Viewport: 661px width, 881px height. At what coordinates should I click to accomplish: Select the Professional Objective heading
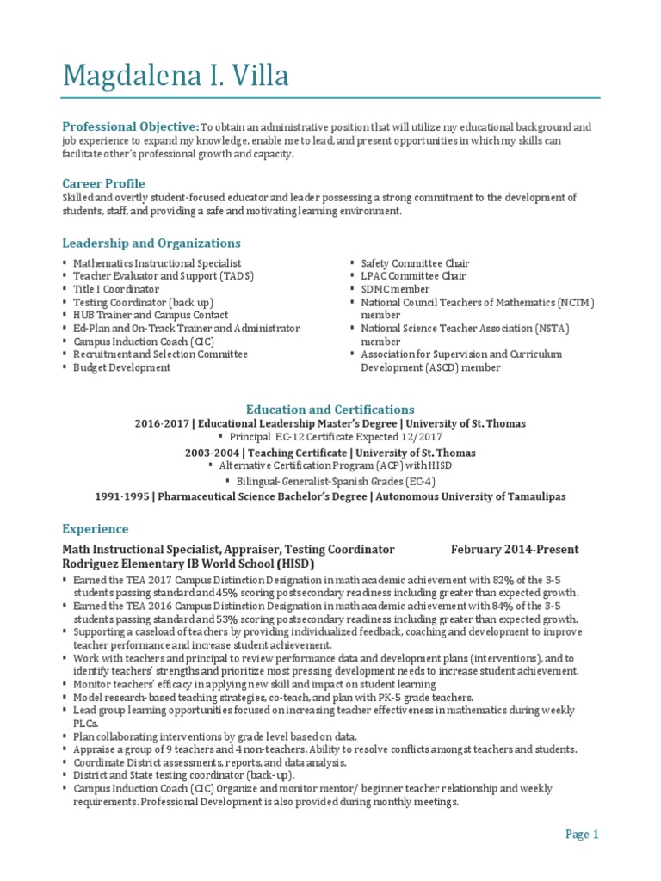tap(131, 126)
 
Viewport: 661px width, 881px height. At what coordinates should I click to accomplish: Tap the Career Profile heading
tap(103, 183)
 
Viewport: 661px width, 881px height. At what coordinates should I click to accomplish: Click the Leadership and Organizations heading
tap(151, 243)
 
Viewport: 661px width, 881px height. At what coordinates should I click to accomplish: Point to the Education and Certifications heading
tap(330, 410)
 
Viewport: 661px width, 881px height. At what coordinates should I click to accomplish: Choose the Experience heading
tap(96, 528)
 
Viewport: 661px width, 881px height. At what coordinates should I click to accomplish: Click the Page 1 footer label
tap(582, 834)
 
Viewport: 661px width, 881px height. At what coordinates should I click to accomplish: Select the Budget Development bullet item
tap(121, 367)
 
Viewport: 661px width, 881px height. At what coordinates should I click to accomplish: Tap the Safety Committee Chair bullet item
tap(415, 263)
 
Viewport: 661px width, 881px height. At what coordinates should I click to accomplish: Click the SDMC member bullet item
tap(395, 289)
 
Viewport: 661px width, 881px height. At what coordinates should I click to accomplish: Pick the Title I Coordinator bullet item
tap(116, 289)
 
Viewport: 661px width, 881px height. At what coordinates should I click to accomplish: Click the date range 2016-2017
tap(162, 424)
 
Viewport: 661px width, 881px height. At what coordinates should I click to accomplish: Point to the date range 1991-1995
tap(122, 496)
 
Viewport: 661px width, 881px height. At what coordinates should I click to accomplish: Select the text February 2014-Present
tap(515, 549)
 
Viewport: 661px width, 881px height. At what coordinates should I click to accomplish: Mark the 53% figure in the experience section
tap(250, 619)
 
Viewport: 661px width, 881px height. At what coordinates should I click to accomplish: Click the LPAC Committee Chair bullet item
tap(413, 276)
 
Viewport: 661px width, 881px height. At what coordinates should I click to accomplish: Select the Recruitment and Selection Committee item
tap(160, 354)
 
